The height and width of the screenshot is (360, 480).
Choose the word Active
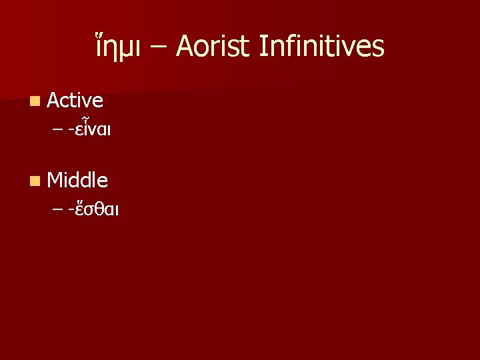[75, 101]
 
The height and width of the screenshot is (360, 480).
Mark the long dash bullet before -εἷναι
[59, 131]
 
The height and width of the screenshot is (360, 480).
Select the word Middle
[78, 179]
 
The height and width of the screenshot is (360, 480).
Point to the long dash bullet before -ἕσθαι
[59, 210]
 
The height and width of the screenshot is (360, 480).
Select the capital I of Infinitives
[261, 47]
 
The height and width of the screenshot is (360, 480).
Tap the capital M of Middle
[56, 179]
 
